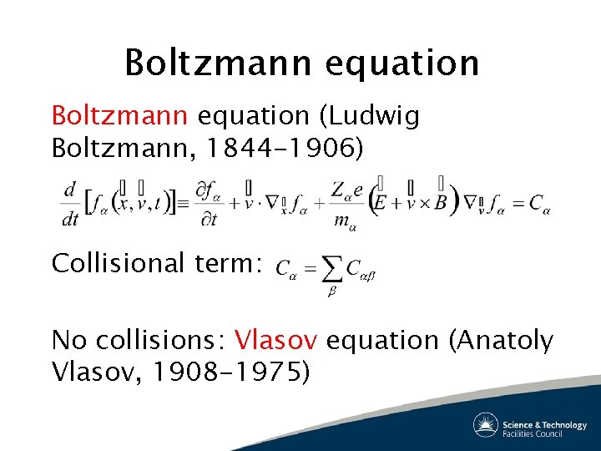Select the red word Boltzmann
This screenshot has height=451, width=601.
pos(110,116)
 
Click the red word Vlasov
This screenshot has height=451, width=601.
pos(276,341)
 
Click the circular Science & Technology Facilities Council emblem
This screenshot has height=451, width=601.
pos(486,425)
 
